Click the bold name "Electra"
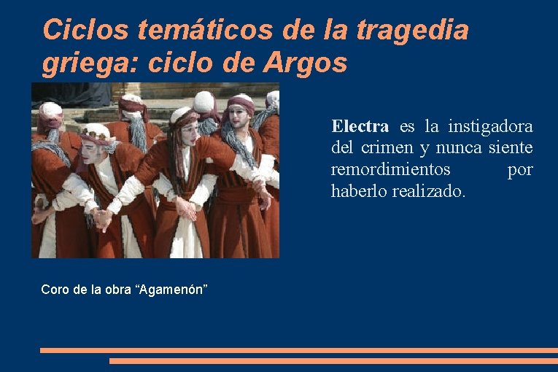(360, 127)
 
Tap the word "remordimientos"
(390, 170)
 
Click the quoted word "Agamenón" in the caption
(171, 290)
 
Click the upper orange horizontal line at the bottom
(299, 350)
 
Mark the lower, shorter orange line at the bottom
(333, 360)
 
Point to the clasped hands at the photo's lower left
(102, 217)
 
